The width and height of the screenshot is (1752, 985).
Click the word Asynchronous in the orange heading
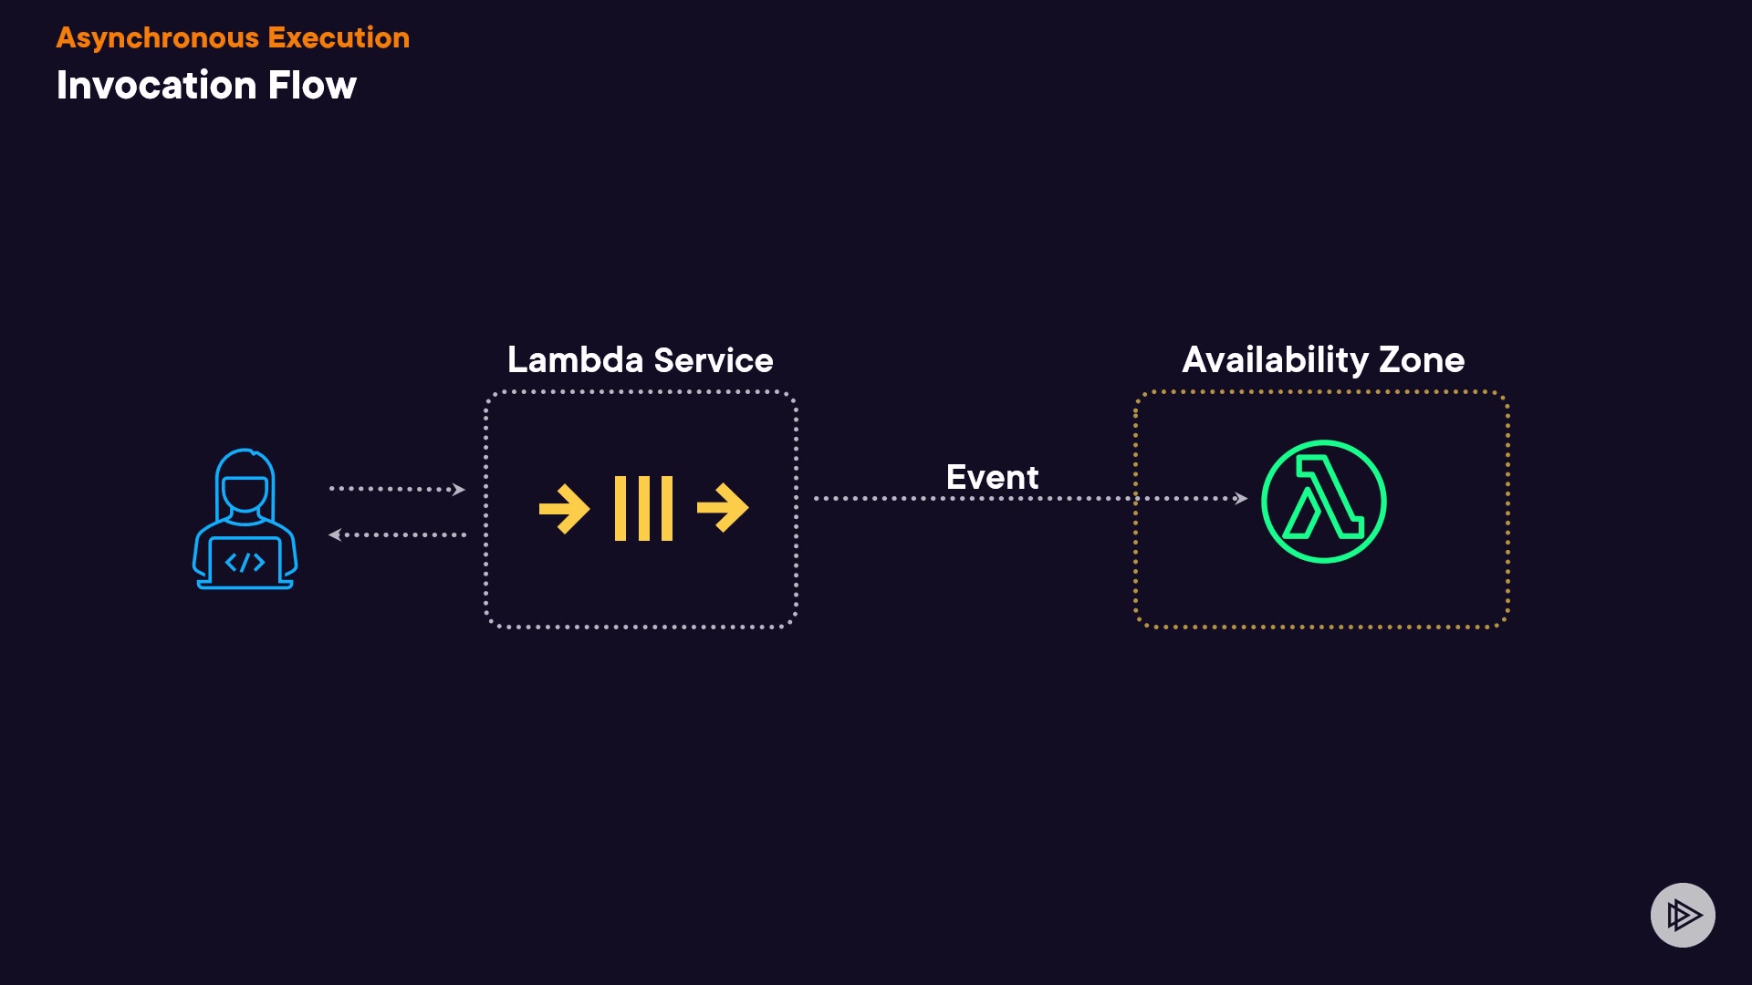(157, 38)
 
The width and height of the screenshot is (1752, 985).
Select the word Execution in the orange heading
(339, 38)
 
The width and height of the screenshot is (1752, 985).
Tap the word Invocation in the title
(156, 86)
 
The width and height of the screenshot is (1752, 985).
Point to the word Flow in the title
(312, 86)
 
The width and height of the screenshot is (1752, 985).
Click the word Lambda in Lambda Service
(575, 360)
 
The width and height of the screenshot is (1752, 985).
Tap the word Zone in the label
(1422, 360)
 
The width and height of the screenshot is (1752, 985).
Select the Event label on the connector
(992, 477)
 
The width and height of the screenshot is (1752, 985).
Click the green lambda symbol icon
(1323, 502)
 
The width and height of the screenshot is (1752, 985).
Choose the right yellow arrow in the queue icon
(723, 508)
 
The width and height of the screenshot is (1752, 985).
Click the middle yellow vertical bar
(643, 508)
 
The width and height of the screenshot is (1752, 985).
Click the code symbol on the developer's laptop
(245, 562)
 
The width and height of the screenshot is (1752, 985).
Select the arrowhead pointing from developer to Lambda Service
(459, 490)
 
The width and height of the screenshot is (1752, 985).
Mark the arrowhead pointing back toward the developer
(335, 535)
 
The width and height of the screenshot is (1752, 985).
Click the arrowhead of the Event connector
(1241, 498)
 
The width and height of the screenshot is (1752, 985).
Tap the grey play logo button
(1683, 915)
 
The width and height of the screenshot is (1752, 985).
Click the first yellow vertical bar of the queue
(620, 508)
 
